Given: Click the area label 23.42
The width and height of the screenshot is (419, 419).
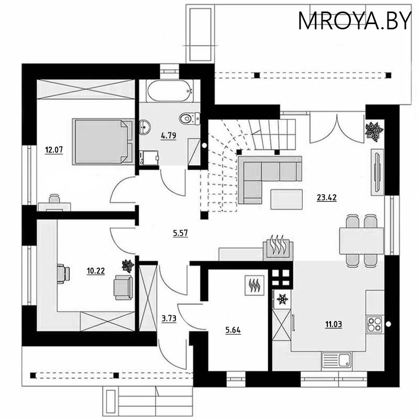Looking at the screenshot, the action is click(x=326, y=198).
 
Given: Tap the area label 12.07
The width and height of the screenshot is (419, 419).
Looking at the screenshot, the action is click(x=54, y=150).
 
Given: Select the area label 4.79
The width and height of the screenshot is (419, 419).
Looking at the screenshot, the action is click(x=168, y=136).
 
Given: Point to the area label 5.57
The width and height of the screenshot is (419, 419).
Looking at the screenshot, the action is click(x=180, y=233).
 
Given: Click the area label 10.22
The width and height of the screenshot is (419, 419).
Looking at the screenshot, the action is click(x=96, y=271).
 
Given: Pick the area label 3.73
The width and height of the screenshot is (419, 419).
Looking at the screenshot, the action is click(x=169, y=318).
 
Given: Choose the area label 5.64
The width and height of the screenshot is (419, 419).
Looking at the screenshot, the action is click(x=233, y=330).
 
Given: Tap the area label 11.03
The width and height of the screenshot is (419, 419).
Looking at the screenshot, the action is click(x=334, y=324).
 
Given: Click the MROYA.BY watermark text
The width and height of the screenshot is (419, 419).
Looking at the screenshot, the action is click(x=355, y=21).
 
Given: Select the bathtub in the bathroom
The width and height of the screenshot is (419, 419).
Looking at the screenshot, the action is click(x=170, y=91).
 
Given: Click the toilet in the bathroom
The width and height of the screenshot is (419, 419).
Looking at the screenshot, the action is click(x=190, y=118).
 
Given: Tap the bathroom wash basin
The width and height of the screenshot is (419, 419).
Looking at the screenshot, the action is click(x=145, y=127).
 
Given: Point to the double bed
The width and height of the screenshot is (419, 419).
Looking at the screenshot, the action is click(x=103, y=141).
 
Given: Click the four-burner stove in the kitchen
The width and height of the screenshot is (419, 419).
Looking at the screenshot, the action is click(x=374, y=324).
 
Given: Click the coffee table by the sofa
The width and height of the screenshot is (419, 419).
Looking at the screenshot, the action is click(x=286, y=200).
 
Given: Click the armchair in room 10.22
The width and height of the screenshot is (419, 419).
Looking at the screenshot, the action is click(x=123, y=288).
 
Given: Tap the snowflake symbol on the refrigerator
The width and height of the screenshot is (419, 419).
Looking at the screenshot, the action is click(x=282, y=299).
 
